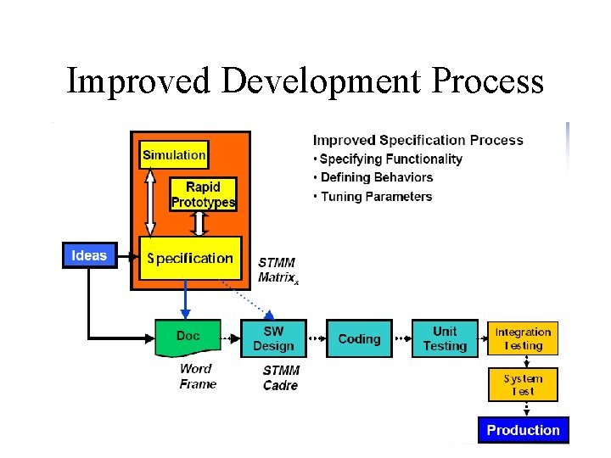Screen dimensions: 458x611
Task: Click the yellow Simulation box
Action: coord(173,154)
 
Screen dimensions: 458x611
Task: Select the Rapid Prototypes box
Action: coord(202,194)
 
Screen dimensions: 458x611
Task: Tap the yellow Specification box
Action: coord(190,258)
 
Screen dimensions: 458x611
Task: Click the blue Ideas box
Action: coord(89,255)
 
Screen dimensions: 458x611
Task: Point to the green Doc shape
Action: coord(188,338)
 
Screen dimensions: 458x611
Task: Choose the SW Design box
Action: coord(272,338)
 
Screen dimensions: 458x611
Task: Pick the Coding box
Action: coord(359,338)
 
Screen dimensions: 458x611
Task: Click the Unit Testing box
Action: coord(445,338)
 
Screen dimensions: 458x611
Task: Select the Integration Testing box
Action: coord(523,338)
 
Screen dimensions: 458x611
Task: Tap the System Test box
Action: coord(523,384)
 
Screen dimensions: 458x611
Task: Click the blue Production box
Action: coord(523,430)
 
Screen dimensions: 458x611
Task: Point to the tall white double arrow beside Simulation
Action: coord(150,202)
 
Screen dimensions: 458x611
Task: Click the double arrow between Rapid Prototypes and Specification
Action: coord(200,224)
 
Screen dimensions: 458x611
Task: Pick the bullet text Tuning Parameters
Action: coord(375,197)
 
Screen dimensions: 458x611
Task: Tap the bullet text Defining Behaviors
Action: coord(376,177)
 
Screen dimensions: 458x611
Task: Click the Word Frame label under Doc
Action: coord(198,376)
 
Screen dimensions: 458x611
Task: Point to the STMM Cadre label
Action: coord(281,377)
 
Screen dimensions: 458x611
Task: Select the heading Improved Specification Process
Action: coord(418,140)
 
